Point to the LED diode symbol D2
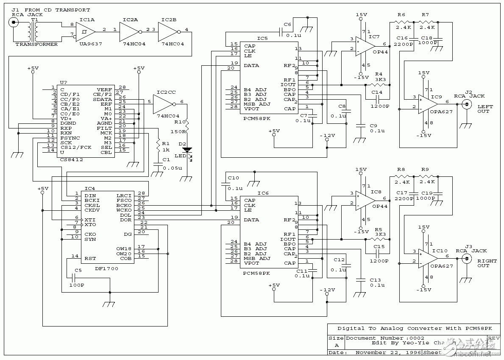(187, 150)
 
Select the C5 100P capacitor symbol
(73, 278)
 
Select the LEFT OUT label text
(483, 109)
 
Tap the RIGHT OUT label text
(483, 263)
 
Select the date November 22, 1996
(388, 352)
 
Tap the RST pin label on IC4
(90, 258)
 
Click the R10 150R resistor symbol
(187, 124)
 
